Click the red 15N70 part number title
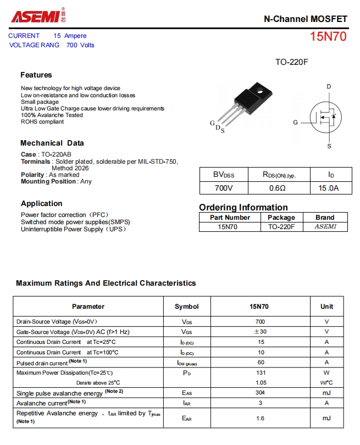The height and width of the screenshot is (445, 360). click(328, 37)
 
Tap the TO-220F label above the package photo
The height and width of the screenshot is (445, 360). click(291, 62)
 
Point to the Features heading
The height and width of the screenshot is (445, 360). click(36, 75)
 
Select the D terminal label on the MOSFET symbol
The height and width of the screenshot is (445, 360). click(329, 87)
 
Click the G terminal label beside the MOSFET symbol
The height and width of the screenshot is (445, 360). click(295, 123)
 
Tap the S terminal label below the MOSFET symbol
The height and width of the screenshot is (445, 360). click(329, 146)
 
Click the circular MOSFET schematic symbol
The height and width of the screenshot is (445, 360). click(325, 116)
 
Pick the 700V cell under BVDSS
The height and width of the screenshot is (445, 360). click(224, 188)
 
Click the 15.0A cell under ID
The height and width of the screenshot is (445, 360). click(329, 188)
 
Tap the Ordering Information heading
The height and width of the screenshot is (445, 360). click(243, 207)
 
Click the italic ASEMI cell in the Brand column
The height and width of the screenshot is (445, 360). click(325, 226)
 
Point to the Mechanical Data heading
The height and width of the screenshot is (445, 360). click(52, 143)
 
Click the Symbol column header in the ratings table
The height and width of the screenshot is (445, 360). click(187, 306)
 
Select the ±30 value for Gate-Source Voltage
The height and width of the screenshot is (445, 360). click(260, 331)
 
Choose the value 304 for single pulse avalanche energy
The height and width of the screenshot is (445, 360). click(260, 392)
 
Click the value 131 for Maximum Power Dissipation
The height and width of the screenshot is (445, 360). click(260, 372)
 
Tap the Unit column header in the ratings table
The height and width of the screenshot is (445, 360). click(327, 306)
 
